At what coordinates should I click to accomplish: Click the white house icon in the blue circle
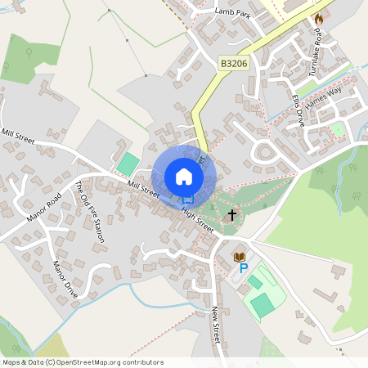pos(184,176)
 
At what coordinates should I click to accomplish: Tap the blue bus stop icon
pos(188,200)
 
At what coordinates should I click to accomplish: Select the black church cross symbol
pos(232,215)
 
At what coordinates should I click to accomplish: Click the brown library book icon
pos(240,257)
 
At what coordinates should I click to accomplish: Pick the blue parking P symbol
pos(243,268)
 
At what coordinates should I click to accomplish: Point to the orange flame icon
pos(319,17)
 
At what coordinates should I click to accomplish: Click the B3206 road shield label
pos(233,62)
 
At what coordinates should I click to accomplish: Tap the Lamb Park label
pos(231,11)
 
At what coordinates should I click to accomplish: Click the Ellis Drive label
pos(298,110)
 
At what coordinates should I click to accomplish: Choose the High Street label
pos(197,220)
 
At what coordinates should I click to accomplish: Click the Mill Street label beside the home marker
pos(142,189)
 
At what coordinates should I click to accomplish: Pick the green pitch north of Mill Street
pos(128,163)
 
